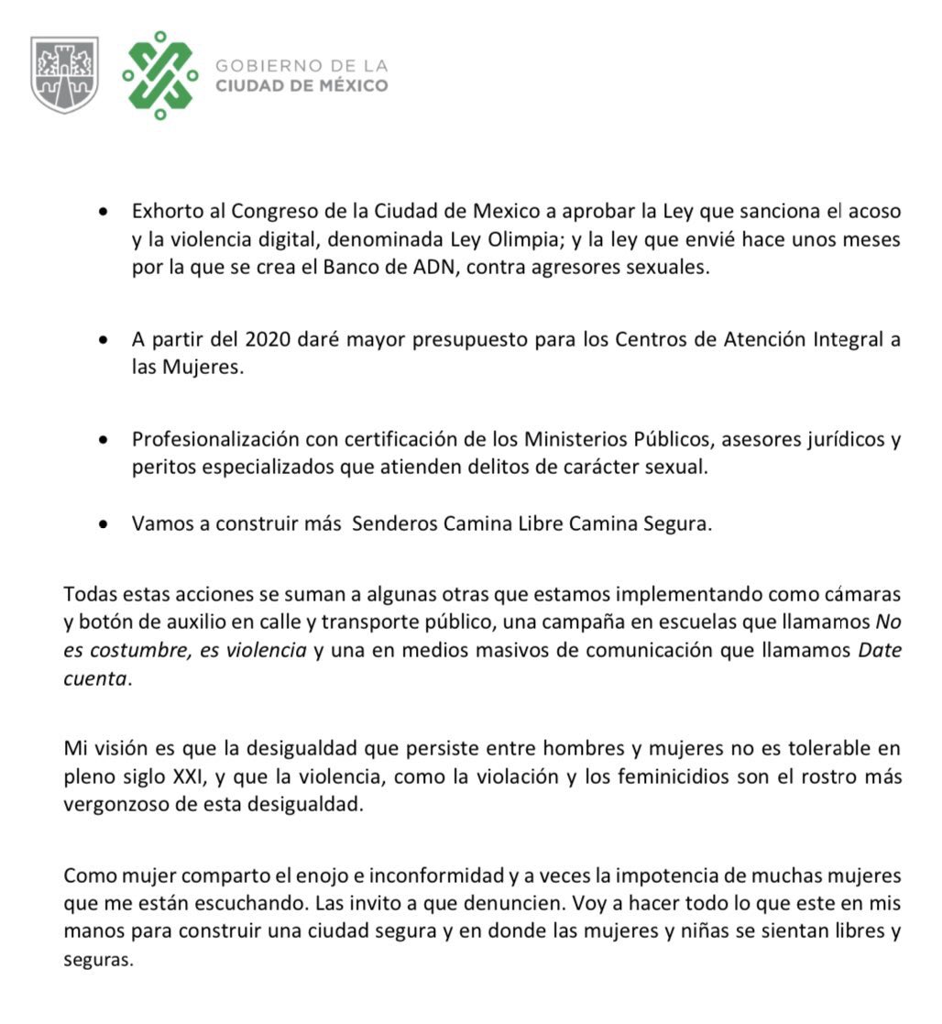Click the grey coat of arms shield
[x=64, y=74]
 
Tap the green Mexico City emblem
[x=160, y=75]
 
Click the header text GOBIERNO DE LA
[x=301, y=66]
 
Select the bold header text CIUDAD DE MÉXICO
[x=301, y=86]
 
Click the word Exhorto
[x=163, y=212]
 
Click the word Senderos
[x=395, y=524]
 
